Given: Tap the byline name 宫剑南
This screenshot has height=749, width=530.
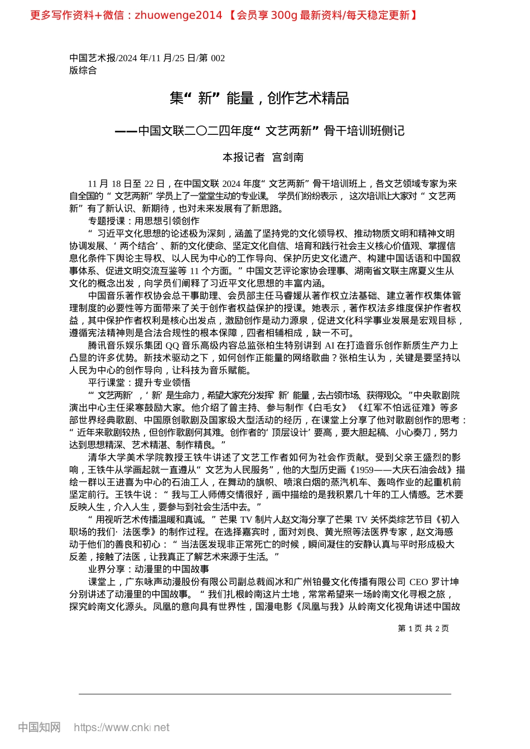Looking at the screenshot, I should coord(288,158).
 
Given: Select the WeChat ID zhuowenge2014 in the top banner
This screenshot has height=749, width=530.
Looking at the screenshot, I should coord(179,16).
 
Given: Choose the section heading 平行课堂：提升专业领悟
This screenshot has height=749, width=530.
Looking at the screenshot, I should coord(139,383).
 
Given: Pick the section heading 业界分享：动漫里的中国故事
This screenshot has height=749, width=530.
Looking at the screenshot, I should coord(148,569).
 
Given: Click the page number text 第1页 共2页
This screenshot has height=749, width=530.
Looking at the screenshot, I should coord(423,629).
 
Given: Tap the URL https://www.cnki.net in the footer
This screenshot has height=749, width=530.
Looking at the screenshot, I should coord(121,727).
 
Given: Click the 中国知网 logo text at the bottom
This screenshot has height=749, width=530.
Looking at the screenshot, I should coord(39,727).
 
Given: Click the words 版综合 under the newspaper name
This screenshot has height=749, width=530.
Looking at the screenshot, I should coord(83,70).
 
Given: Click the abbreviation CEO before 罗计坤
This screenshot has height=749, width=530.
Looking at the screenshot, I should coord(418,582).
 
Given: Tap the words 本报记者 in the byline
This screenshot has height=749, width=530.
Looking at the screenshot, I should coord(243,158).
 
